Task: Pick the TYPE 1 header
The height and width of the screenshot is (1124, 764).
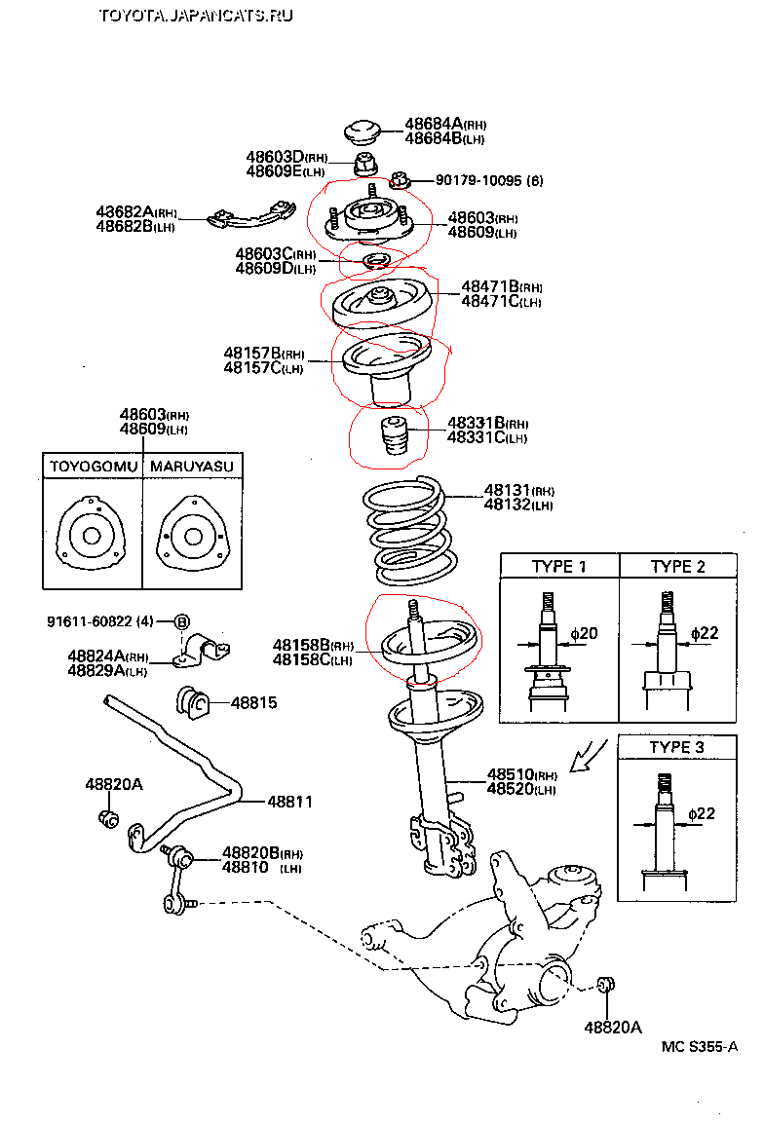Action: point(559,567)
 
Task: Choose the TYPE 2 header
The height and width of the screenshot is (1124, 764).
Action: point(678,567)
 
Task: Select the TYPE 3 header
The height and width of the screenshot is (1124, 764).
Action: point(678,747)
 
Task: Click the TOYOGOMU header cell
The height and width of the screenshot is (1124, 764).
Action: point(93,468)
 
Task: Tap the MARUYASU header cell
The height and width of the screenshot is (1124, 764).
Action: point(192,468)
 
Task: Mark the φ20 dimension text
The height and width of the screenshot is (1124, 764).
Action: point(584,634)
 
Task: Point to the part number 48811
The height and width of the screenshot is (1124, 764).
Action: point(290,802)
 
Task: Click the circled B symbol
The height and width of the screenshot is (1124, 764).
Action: point(182,621)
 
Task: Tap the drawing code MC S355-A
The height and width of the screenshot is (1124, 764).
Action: point(699,1047)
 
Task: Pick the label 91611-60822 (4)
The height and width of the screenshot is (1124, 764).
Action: point(100,621)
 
